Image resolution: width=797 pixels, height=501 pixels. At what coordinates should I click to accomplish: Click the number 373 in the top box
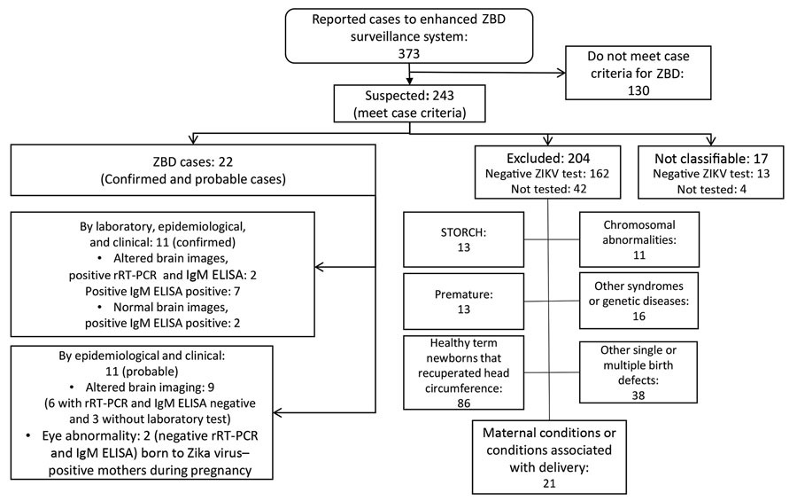point(408,53)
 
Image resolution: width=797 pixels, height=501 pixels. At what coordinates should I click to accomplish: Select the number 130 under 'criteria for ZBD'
point(638,90)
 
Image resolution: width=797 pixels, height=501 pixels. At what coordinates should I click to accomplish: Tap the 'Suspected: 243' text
point(409,96)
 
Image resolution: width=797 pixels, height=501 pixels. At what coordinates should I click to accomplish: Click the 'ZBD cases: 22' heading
point(193,162)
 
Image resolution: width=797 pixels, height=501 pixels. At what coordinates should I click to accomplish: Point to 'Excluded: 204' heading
point(548,159)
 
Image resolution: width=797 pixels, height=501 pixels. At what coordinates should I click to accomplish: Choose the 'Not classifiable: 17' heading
point(710,159)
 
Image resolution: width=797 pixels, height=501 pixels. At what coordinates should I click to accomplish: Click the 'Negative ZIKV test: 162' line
point(547,174)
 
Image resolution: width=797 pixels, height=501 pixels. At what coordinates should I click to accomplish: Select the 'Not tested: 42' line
point(548,189)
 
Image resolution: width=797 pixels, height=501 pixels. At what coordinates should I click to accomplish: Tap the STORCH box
point(463,239)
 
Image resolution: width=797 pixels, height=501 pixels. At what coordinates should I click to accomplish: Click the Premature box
point(463,301)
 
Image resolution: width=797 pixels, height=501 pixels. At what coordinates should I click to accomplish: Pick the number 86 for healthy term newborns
point(463,403)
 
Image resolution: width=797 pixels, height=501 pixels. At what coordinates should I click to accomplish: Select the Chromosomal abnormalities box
point(638,239)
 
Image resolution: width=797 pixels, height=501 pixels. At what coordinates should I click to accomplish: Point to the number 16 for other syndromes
point(638,317)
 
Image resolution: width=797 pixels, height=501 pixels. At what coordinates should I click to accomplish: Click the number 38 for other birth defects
point(638,395)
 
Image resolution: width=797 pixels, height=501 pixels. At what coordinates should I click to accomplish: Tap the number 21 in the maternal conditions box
point(549,483)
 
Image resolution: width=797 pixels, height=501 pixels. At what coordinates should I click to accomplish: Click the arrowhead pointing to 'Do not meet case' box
point(561,73)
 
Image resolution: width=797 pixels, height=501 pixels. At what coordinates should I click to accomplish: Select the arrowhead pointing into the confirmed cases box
point(320,267)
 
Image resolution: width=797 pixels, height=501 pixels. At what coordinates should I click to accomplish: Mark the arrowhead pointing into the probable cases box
point(278,412)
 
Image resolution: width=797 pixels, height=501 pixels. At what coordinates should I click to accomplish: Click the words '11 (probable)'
point(142,372)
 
